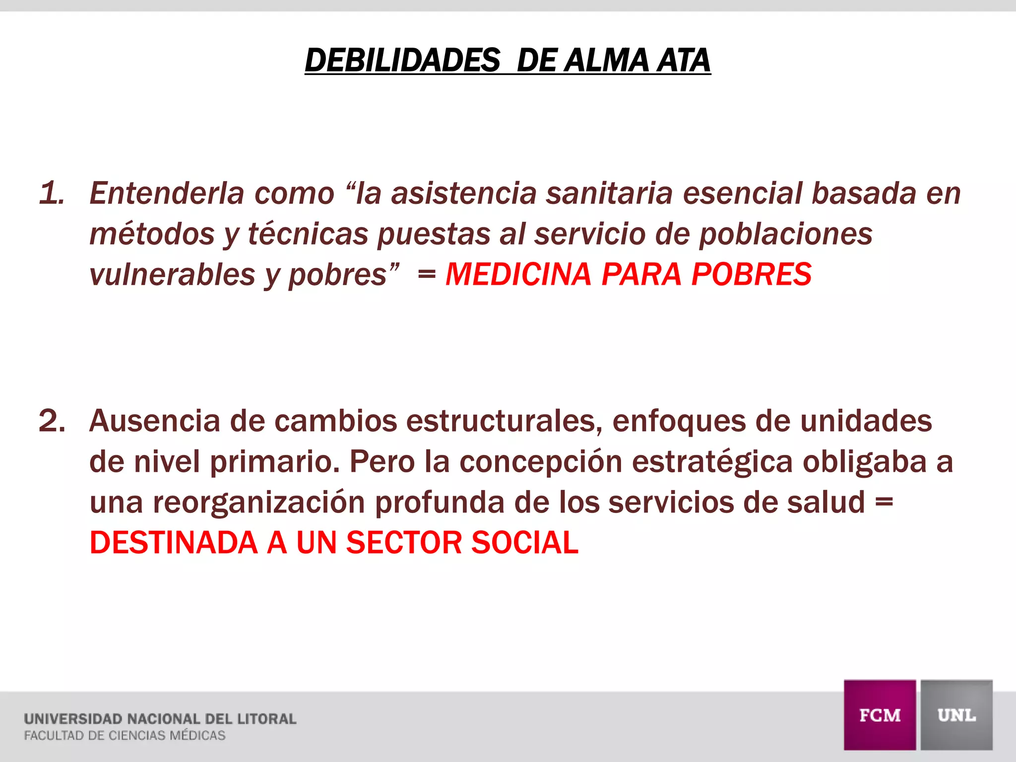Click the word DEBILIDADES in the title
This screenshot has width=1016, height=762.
[402, 61]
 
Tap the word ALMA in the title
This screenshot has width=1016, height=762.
[607, 61]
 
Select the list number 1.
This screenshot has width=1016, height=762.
[52, 193]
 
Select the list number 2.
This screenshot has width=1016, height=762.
[52, 421]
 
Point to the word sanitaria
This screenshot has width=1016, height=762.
[609, 193]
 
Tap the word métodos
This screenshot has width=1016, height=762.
[152, 234]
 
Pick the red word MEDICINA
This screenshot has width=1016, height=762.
[518, 274]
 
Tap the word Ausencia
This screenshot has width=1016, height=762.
[154, 421]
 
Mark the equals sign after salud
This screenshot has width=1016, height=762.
[884, 503]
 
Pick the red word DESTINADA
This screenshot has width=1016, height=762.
[173, 543]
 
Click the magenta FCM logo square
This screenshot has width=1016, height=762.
[880, 715]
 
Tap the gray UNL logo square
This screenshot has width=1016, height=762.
[956, 715]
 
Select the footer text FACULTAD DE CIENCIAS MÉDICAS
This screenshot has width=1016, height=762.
[125, 735]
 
